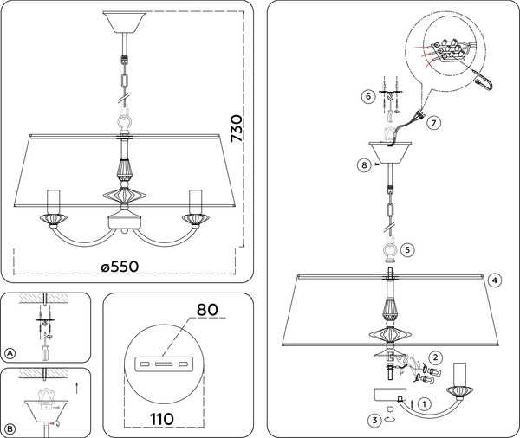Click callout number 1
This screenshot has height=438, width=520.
424,403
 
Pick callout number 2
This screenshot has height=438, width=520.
436,357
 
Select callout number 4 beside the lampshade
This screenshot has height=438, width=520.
493,280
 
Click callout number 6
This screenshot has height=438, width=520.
367,97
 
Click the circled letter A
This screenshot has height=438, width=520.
10,354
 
